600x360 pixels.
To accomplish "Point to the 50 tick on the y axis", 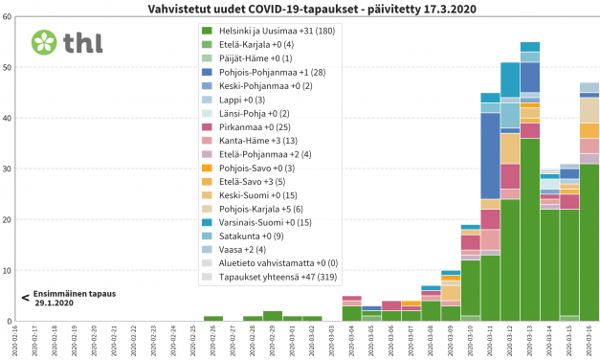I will coord(9,67).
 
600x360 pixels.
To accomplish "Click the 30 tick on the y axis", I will coord(9,169).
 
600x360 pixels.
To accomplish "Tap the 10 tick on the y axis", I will coord(9,270).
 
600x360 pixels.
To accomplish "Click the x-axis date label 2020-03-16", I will coord(589,339).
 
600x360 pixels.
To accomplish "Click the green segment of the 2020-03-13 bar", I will coord(530,230).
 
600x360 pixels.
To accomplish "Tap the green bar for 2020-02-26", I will coord(213,318).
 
